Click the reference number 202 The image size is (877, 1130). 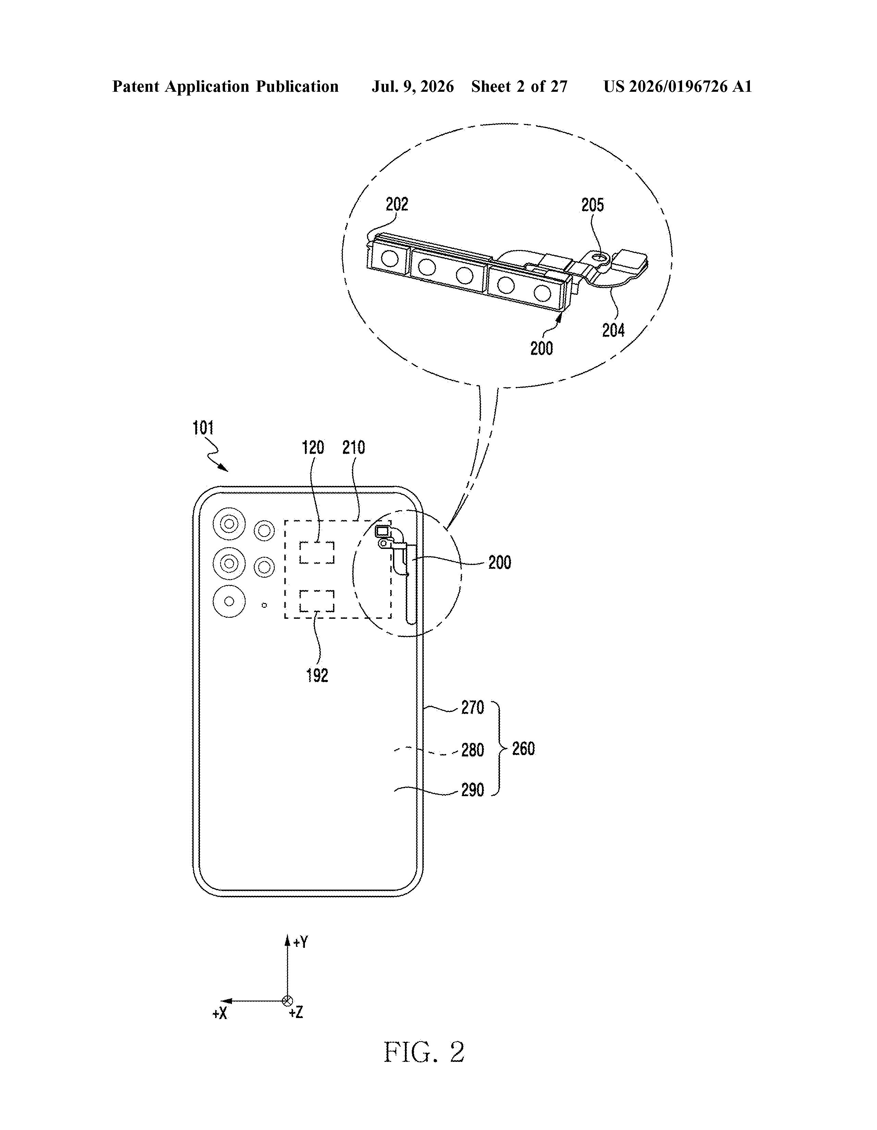[x=397, y=204]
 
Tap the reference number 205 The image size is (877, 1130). [x=592, y=205]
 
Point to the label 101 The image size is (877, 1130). [x=203, y=428]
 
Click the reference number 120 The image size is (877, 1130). [x=313, y=448]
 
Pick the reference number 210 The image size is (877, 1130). [x=354, y=448]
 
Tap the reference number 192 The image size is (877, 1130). [x=317, y=675]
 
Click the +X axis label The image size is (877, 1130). [x=220, y=1014]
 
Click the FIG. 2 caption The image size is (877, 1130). [x=424, y=1052]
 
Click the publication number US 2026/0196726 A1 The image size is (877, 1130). [x=678, y=86]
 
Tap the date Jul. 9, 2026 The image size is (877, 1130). [x=412, y=86]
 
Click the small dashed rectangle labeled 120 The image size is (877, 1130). [x=317, y=553]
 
